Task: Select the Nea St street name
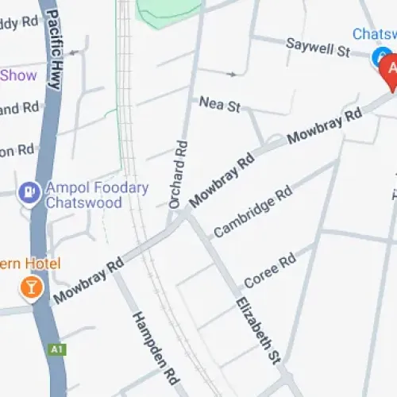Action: [219, 104]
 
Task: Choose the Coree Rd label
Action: [270, 272]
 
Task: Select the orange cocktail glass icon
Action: [31, 288]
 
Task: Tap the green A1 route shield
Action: [56, 349]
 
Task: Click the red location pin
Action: [389, 73]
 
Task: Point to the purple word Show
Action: [19, 75]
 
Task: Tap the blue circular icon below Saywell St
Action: [378, 56]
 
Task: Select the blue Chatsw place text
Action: [374, 34]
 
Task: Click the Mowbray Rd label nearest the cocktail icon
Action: [87, 280]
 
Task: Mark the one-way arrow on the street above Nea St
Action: [231, 75]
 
